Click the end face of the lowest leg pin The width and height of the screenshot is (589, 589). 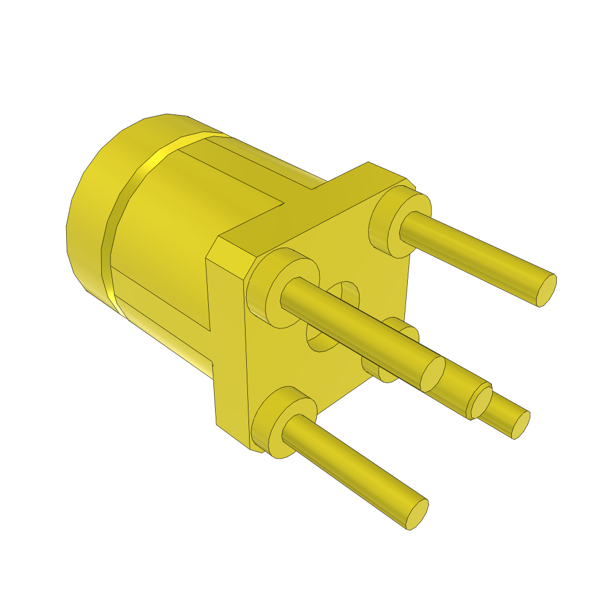(x=418, y=514)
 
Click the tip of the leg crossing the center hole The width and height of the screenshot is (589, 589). (x=433, y=374)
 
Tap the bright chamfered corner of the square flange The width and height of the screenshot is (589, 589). (x=230, y=256)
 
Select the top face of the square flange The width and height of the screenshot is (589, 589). (x=311, y=213)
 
